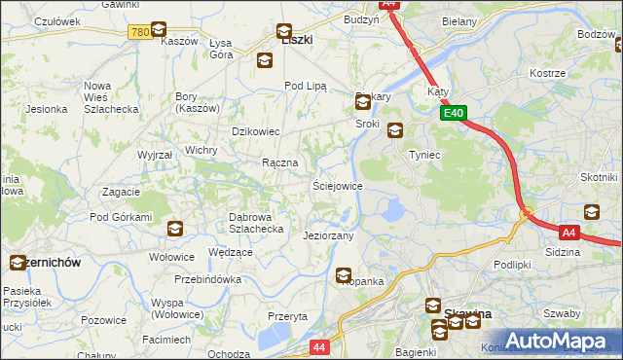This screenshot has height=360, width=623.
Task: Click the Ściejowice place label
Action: pos(337,185)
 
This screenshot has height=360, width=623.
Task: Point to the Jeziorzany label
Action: pos(328,235)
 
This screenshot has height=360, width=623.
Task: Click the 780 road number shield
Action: pos(139,32)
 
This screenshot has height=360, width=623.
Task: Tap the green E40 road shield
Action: pos(453,114)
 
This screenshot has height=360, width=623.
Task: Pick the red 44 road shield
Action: pos(319,346)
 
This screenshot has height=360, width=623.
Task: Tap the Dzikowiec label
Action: pos(255,130)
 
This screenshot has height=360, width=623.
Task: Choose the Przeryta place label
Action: pos(287,316)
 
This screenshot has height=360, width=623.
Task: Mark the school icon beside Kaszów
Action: pos(159,29)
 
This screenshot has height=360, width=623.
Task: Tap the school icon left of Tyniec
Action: pos(394,130)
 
